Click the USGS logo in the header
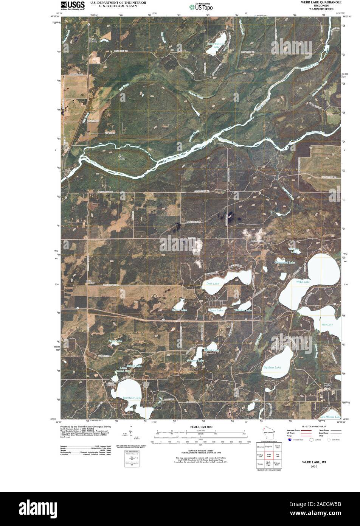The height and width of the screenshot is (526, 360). pos(72,5)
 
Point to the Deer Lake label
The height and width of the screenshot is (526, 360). pos(213,283)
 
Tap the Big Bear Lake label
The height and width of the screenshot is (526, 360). pos(272,367)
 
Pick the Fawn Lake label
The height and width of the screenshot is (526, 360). pos(216,310)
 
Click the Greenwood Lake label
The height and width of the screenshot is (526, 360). pos(284,262)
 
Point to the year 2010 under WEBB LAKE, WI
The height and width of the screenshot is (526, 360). pos(314,467)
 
